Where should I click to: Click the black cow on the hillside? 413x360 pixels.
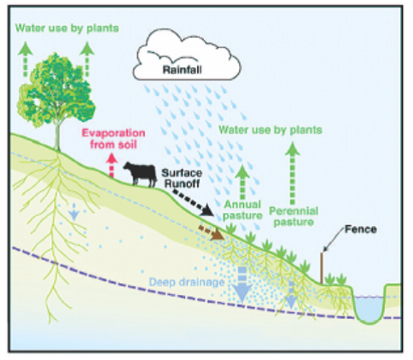click(x=141, y=174)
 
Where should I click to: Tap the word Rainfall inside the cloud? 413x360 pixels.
click(x=183, y=70)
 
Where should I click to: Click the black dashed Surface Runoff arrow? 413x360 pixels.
click(x=193, y=203)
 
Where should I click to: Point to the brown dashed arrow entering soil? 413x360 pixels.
click(x=212, y=232)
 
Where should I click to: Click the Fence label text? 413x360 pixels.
click(x=361, y=229)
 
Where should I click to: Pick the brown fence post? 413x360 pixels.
click(x=322, y=268)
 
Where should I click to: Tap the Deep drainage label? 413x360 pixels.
click(x=187, y=282)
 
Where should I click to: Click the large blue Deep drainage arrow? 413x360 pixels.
click(x=242, y=285)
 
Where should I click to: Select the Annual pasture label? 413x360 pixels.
click(x=242, y=210)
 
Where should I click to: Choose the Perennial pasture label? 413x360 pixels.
click(x=294, y=217)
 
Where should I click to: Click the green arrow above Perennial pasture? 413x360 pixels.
click(x=293, y=173)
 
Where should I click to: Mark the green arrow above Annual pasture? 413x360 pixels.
click(x=242, y=182)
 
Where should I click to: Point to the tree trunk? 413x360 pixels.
click(x=58, y=136)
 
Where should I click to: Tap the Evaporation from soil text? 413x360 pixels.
click(x=113, y=138)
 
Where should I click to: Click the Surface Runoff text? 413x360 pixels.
click(x=182, y=178)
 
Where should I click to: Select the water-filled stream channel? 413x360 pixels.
click(x=369, y=310)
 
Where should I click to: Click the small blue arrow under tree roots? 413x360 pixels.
click(x=73, y=212)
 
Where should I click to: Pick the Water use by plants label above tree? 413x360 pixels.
click(x=67, y=28)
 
